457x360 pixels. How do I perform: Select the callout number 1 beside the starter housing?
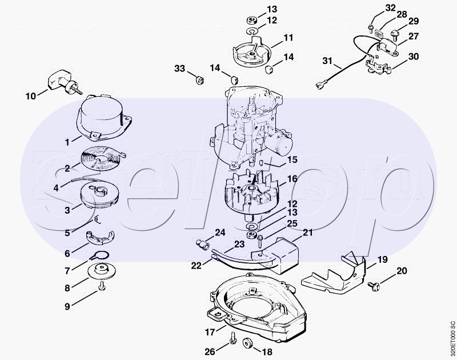67,142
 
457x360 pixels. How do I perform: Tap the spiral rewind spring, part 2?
102,159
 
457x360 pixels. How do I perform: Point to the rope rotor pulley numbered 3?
99,195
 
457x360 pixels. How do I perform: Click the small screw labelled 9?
102,286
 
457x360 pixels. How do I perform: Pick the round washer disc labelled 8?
102,271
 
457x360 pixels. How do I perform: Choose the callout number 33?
179,69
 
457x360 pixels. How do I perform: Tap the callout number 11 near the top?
288,38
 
